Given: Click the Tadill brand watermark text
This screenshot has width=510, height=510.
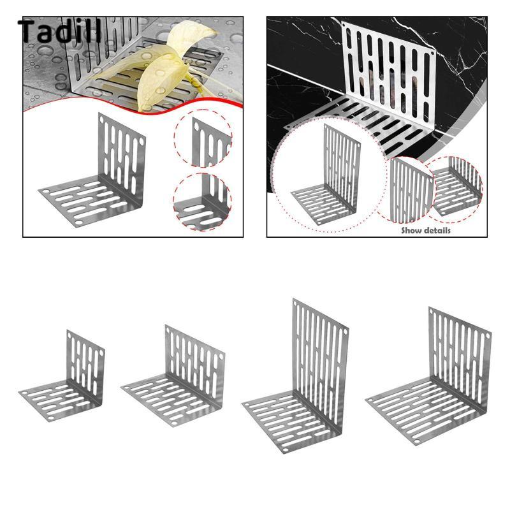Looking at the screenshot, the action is tap(60, 31).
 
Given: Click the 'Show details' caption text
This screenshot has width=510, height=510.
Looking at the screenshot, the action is tap(426, 231).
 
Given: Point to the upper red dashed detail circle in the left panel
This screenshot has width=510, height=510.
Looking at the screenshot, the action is tap(203, 138).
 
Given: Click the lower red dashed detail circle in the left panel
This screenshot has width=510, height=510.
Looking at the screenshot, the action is tap(202, 201).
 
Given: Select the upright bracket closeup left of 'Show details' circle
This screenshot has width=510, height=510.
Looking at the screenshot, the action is tap(411, 189).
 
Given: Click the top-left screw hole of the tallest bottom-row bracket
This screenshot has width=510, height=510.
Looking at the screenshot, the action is tap(296, 305).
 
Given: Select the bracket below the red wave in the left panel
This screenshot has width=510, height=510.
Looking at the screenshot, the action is tap(92, 170).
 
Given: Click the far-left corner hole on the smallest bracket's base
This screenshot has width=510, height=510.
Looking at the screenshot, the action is tap(24, 393).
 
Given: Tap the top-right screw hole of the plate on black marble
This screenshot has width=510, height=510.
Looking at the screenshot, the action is tap(433, 54).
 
